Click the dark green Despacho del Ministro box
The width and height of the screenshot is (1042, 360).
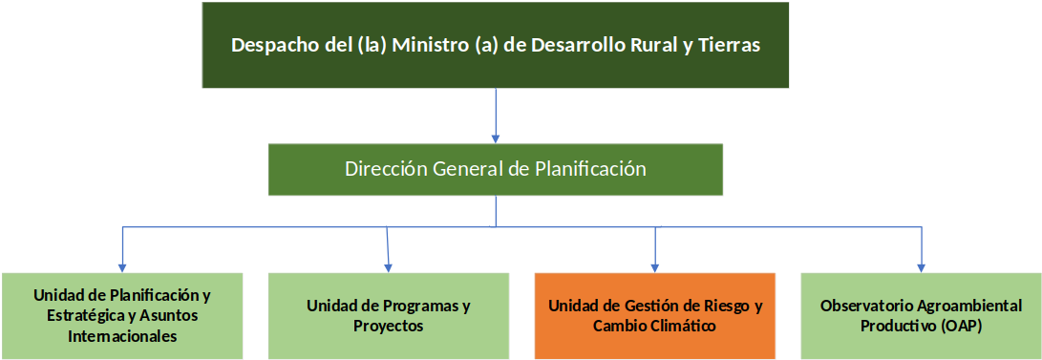pos(495,45)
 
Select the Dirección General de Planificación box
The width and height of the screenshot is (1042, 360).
pos(495,169)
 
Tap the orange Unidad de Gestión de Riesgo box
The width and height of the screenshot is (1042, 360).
pos(654,316)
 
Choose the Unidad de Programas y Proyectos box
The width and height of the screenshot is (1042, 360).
pos(389,316)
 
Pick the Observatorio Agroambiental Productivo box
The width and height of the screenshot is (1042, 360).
pos(921,316)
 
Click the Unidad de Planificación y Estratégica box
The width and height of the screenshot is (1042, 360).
pos(122,316)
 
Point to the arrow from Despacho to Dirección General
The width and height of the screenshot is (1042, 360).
pos(495,116)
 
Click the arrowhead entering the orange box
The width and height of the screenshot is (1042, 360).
pos(655,268)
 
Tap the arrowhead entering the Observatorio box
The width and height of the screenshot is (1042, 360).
pos(921,268)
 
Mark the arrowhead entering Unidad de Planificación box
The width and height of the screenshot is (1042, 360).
pos(122,268)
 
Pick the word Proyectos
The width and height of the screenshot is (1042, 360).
pos(389,327)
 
